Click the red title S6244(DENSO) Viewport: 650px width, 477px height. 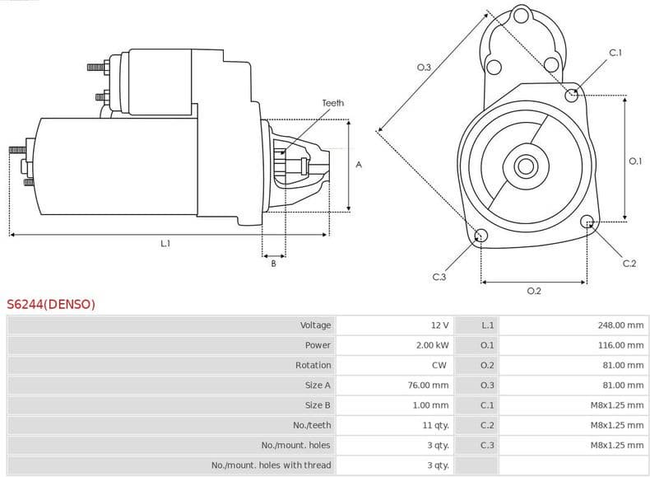(51, 304)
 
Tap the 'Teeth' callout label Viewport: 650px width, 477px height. (332, 103)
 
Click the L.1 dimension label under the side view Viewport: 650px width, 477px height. (165, 243)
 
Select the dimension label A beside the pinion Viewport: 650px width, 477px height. (359, 165)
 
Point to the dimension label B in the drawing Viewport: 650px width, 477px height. (273, 264)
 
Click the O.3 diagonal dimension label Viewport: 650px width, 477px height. (424, 68)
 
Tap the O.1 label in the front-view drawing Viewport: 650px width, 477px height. (634, 161)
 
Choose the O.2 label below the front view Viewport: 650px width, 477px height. (533, 291)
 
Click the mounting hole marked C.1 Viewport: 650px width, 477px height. (572, 96)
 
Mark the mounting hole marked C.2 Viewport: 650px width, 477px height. (587, 222)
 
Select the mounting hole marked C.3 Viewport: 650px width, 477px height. (481, 237)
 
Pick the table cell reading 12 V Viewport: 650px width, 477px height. (439, 325)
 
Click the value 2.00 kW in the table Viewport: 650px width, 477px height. (432, 345)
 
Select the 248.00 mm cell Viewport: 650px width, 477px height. (620, 325)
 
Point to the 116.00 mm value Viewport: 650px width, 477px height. (620, 345)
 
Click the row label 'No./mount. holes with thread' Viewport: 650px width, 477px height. (271, 465)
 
